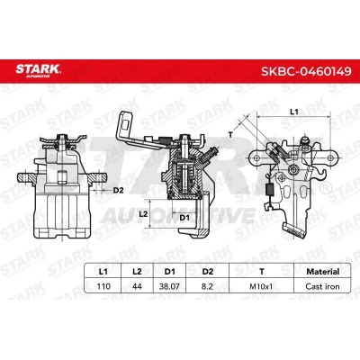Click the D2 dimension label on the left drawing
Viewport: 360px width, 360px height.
coord(119,191)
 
